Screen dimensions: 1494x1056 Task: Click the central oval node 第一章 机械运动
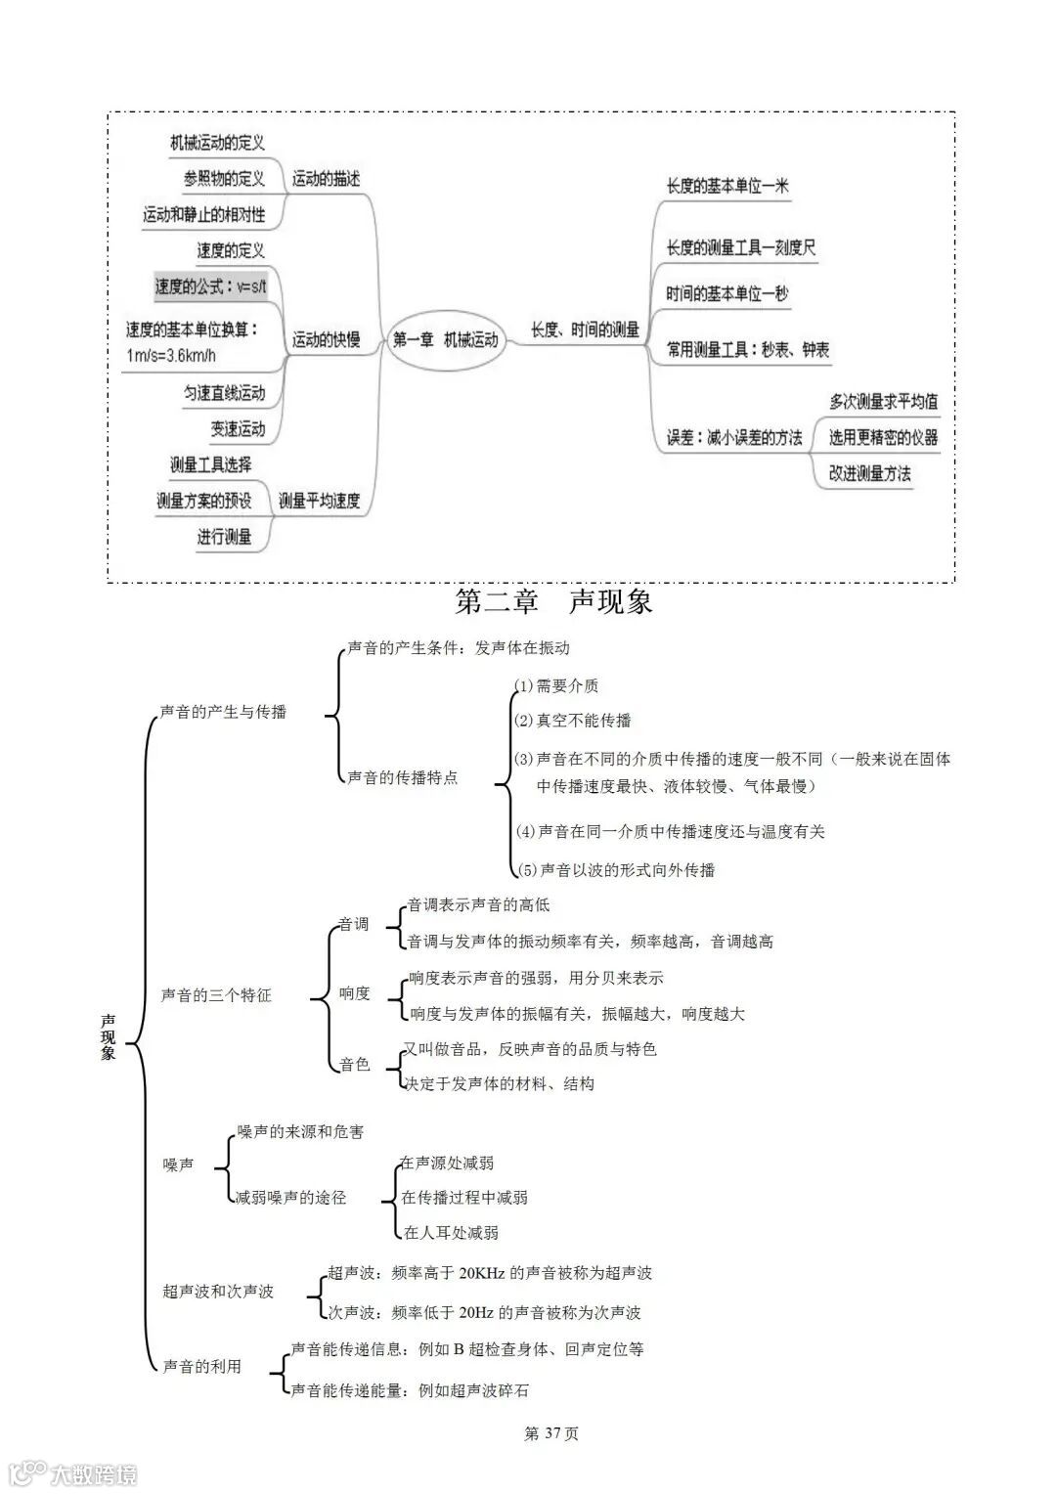(x=445, y=340)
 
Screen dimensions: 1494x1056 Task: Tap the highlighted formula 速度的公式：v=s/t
(x=210, y=286)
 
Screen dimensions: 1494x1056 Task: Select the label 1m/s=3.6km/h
(x=171, y=357)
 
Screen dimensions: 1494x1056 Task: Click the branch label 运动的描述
(x=326, y=179)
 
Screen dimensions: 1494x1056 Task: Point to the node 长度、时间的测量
(x=585, y=330)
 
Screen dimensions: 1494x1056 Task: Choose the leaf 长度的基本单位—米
(x=727, y=186)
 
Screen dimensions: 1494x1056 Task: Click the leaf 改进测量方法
(x=869, y=473)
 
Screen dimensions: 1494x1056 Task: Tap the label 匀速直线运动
(x=224, y=393)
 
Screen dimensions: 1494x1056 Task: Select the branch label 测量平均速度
(x=319, y=501)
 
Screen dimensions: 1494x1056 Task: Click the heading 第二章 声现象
(x=553, y=601)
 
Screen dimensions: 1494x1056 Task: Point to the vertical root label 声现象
(x=108, y=1037)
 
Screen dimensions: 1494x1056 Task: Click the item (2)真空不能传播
(x=573, y=721)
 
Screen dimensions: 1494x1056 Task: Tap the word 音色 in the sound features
(x=354, y=1065)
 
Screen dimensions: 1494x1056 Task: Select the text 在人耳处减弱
(x=451, y=1233)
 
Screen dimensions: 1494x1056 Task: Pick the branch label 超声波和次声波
(x=218, y=1292)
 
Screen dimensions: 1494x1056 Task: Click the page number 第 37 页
(x=551, y=1433)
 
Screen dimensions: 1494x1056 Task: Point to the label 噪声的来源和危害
(x=300, y=1131)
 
